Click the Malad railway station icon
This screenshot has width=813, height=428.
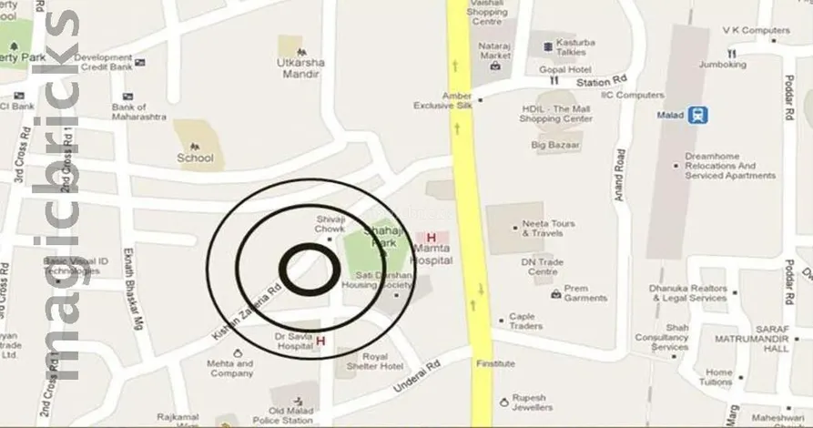[x=699, y=116]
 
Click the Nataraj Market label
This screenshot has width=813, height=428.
[x=495, y=49]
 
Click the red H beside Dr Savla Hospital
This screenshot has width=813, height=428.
[x=320, y=341]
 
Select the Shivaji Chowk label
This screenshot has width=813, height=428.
[x=330, y=223]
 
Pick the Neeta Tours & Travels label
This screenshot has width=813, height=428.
[x=549, y=228]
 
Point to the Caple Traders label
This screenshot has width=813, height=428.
[x=525, y=321]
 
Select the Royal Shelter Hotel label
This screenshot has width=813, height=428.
[x=381, y=361]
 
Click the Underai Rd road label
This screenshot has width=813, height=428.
[x=417, y=374]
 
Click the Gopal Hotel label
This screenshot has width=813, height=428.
[x=564, y=69]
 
